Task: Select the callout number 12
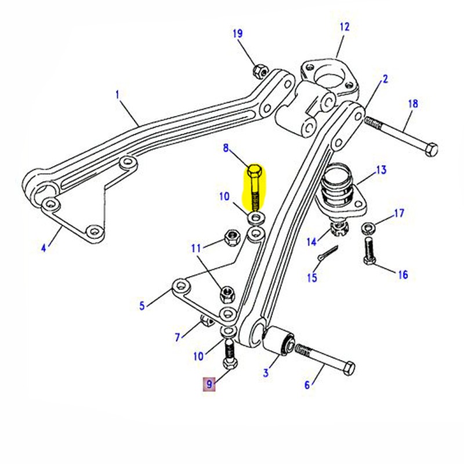tap(345, 27)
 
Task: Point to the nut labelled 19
tap(260, 71)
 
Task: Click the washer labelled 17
tap(368, 227)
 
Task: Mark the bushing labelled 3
tap(280, 342)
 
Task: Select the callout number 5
tap(142, 305)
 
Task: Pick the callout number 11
tap(197, 248)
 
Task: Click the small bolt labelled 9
tap(230, 356)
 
